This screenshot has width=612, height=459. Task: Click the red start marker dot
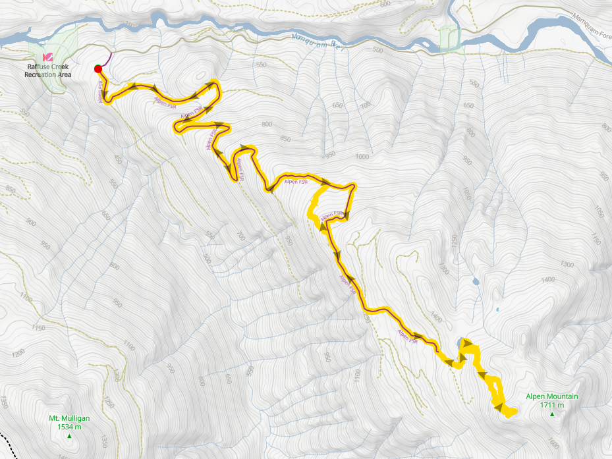[97, 68]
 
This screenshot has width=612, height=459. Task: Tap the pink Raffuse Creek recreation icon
[47, 58]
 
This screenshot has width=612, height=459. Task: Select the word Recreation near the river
[39, 74]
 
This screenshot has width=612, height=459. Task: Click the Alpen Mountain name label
[551, 396]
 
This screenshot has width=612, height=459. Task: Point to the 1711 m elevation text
[551, 405]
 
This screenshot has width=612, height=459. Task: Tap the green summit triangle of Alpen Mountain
[552, 414]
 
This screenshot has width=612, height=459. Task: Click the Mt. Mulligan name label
[69, 418]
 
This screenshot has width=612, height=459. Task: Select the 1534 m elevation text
[69, 427]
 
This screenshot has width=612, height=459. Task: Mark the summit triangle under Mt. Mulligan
[69, 436]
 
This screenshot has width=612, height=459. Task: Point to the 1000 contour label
[362, 157]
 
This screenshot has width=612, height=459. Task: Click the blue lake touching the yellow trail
[459, 341]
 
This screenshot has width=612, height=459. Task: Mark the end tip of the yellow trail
[511, 412]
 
